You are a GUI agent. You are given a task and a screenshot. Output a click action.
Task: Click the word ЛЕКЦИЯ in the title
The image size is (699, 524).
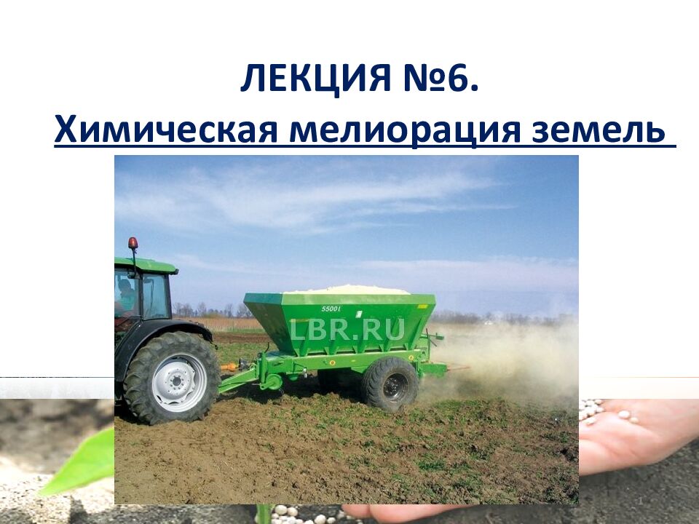(315, 79)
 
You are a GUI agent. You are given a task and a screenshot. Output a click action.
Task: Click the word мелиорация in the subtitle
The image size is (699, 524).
(411, 131)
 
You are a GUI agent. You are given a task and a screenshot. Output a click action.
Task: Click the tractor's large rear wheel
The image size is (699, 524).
(172, 377)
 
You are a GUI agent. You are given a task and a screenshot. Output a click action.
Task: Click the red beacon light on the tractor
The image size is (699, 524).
(133, 243)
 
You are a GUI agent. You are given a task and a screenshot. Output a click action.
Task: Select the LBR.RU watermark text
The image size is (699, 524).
(347, 330)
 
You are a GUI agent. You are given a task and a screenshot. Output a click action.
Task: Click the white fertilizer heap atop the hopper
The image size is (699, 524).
(347, 289)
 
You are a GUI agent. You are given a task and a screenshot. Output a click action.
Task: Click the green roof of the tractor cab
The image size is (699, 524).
(146, 264)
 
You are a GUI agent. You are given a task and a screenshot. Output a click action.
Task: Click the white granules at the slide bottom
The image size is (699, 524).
(306, 512)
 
